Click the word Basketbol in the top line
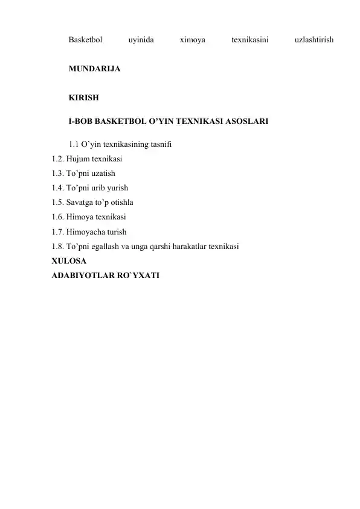pyautogui.click(x=85, y=41)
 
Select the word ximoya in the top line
pyautogui.click(x=193, y=41)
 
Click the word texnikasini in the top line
pyautogui.click(x=250, y=41)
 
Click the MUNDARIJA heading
pyautogui.click(x=94, y=70)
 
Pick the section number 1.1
pyautogui.click(x=74, y=144)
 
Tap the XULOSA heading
pyautogui.click(x=68, y=261)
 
